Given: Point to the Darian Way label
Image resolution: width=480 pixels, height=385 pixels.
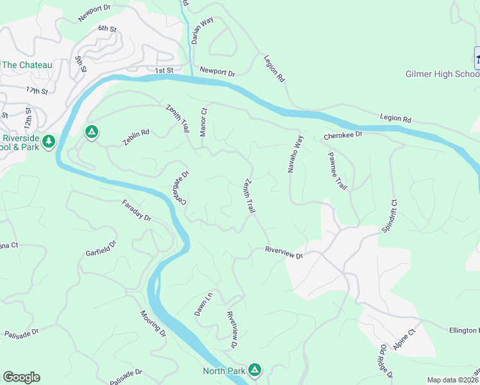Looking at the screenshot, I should click(x=201, y=31).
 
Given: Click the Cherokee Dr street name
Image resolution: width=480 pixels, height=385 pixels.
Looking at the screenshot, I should click(x=343, y=135).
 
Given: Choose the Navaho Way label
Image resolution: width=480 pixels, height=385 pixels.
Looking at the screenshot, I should click(x=294, y=154).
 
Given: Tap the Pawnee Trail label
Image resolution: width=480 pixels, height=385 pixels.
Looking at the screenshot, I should click(x=337, y=171).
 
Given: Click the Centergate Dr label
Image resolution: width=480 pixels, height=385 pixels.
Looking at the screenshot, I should click(x=179, y=188).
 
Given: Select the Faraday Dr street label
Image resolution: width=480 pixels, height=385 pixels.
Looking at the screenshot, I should click(x=137, y=210).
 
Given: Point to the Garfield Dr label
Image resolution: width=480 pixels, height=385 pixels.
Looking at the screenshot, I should click(x=102, y=248).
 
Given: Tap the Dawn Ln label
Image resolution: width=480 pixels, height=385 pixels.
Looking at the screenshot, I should click(x=203, y=304).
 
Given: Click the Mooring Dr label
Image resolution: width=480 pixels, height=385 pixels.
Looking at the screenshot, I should click(x=153, y=325).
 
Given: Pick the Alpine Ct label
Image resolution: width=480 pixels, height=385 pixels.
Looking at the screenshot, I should click(x=406, y=339).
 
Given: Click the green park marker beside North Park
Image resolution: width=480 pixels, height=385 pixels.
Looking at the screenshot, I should click(x=255, y=370).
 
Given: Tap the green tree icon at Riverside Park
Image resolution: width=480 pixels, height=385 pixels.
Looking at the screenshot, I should click(x=49, y=141).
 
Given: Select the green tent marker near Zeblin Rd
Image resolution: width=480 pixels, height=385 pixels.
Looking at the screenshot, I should click(x=92, y=132).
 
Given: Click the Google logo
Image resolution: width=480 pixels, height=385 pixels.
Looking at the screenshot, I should click(x=21, y=377).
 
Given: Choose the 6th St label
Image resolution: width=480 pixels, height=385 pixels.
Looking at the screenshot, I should click(x=107, y=29).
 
